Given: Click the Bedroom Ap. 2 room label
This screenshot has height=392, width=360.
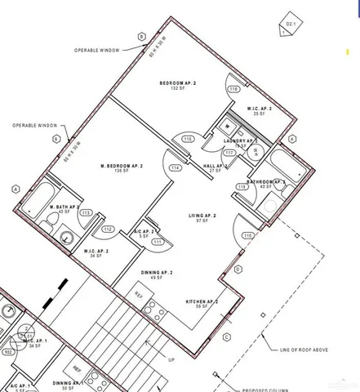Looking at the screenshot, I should [175, 84].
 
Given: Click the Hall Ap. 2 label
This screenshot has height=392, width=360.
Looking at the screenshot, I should [214, 166].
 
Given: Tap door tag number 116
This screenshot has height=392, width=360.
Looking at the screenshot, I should [233, 89].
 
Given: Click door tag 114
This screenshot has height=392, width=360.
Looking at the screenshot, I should [175, 167].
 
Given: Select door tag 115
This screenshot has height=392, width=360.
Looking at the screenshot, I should [188, 140].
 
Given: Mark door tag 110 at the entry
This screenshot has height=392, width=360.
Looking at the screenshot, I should [247, 236].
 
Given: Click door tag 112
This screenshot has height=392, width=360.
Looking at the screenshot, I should [107, 229].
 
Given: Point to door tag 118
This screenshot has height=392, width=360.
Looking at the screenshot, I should [242, 187].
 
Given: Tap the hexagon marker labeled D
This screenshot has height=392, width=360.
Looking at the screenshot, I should [238, 268].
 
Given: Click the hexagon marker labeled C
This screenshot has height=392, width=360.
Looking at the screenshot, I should [226, 336].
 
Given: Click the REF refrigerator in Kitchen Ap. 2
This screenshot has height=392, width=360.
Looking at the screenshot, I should [139, 295].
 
